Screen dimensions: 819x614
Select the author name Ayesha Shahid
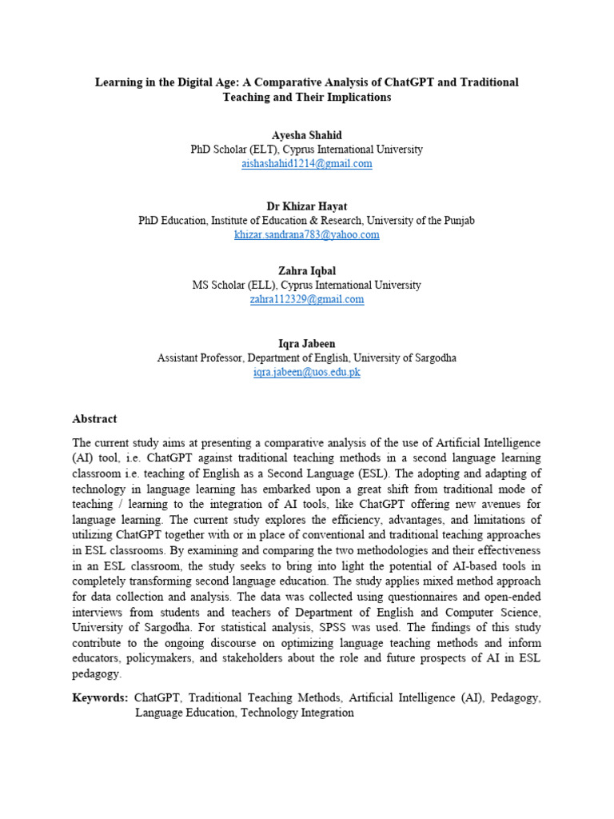click(306, 135)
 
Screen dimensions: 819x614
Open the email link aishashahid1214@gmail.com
click(306, 163)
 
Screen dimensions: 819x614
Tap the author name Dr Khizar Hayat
click(306, 206)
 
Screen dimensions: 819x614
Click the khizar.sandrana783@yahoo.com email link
click(306, 234)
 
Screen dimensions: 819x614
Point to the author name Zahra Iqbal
click(306, 272)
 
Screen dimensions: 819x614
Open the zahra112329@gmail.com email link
click(306, 299)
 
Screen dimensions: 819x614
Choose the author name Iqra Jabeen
click(306, 344)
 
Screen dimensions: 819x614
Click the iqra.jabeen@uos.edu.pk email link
click(306, 372)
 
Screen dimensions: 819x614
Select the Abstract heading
click(94, 418)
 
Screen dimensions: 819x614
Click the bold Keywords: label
click(100, 697)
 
